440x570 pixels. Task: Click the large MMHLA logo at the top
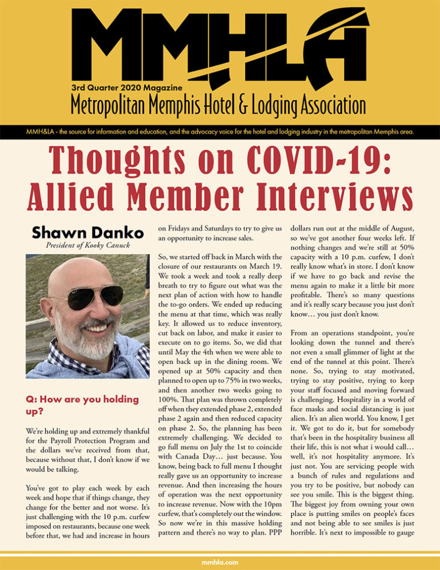coord(220,47)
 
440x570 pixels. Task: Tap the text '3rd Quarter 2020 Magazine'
coord(126,87)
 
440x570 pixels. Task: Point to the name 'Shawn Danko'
coord(87,232)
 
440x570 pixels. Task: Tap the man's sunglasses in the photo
coord(92,297)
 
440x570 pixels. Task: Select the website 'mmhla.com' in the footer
coord(220,562)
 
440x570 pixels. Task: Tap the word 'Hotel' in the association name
coord(228,105)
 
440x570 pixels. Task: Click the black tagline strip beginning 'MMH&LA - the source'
coord(220,132)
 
